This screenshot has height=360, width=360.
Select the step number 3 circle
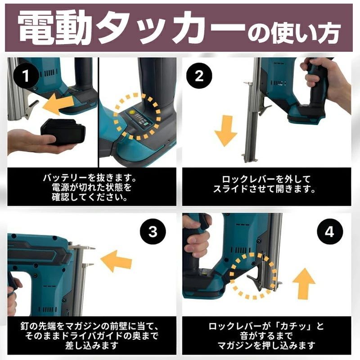[x=153, y=232]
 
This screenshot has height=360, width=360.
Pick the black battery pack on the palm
[x=63, y=132]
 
